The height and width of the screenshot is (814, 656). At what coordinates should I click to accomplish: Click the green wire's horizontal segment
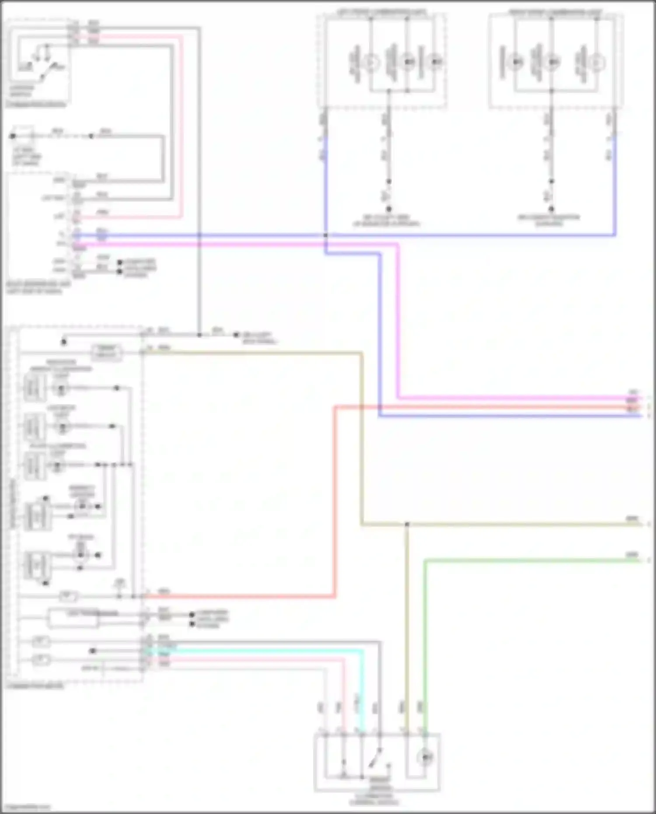(525, 560)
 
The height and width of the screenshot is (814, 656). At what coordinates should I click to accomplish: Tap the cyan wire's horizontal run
(262, 651)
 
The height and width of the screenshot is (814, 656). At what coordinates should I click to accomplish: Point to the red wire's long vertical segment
(335, 503)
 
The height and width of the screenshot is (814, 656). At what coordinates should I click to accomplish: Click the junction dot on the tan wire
(407, 524)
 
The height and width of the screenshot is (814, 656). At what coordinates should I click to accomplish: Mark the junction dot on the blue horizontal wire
(325, 235)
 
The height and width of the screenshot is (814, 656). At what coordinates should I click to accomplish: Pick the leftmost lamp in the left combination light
(371, 63)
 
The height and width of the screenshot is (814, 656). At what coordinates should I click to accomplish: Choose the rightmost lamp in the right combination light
(595, 63)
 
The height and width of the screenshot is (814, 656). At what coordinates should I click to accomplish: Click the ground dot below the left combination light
(388, 209)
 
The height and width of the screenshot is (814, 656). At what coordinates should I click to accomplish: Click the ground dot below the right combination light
(551, 209)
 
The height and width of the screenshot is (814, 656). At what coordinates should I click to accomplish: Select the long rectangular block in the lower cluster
(73, 618)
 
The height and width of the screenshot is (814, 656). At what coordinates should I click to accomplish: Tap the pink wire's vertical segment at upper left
(181, 127)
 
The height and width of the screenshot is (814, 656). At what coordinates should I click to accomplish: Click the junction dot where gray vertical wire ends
(199, 335)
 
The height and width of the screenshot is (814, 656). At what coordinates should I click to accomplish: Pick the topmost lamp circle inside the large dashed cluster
(61, 388)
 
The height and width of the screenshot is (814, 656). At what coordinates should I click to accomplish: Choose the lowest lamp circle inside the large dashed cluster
(80, 555)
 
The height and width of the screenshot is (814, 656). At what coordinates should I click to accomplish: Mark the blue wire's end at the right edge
(639, 416)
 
